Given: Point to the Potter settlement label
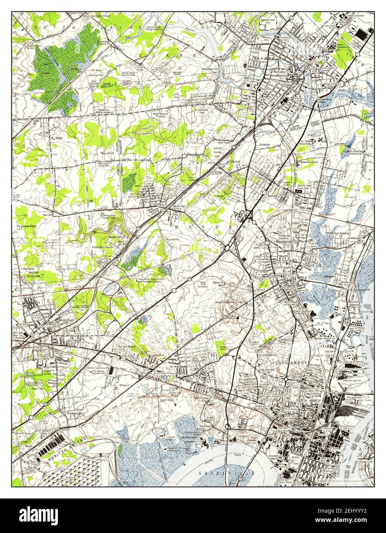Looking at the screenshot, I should pos(59,138).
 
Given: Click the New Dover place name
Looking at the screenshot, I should pos(108,153).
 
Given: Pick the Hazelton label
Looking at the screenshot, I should pos(265,145).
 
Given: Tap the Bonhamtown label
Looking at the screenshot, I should pos(76,414).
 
